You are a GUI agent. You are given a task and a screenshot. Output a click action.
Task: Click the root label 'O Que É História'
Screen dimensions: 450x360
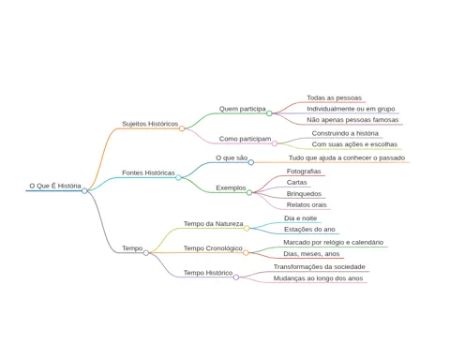coord(55,186)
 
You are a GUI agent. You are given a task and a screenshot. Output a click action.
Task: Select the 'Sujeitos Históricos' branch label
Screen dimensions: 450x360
coord(150,124)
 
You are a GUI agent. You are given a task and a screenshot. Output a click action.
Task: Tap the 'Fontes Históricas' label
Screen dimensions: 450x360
coord(148,172)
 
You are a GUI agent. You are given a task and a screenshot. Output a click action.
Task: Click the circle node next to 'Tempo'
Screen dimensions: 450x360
coord(146,252)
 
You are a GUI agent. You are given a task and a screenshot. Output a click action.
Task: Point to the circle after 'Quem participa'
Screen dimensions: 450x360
coord(269,113)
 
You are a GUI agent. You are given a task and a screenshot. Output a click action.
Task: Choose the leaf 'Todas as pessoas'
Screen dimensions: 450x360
coord(334,97)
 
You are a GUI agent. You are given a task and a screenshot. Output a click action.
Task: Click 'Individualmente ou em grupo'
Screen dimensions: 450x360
coord(351,109)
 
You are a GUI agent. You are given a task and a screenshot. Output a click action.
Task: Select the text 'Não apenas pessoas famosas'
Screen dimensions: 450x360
coord(352,120)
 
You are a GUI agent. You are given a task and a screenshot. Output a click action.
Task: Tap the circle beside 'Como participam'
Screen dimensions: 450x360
coord(275,143)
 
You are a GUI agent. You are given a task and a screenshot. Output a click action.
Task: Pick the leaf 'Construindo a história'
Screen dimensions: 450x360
coord(345,133)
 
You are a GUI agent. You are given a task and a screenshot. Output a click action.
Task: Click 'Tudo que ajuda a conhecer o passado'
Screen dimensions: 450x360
coord(347,157)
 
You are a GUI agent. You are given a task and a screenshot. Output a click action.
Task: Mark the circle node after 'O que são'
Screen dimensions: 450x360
coord(251,162)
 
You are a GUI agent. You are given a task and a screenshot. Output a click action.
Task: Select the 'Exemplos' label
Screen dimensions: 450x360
coord(231,187)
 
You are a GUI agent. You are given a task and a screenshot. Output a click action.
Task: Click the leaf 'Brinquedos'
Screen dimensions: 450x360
coord(304,194)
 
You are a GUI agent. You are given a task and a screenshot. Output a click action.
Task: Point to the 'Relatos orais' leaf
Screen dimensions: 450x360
coord(307,205)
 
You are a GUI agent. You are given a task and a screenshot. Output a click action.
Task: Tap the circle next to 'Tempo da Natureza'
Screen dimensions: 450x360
coord(247,228)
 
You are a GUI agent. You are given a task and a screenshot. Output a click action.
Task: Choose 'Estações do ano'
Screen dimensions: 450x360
coord(309,230)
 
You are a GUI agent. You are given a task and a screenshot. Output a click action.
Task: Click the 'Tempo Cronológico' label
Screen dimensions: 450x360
coord(213,248)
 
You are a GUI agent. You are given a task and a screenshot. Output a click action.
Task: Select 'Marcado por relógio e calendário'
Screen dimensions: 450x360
coord(334,242)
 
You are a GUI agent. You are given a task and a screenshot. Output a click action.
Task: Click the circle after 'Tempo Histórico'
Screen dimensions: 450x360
coord(236,277)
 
